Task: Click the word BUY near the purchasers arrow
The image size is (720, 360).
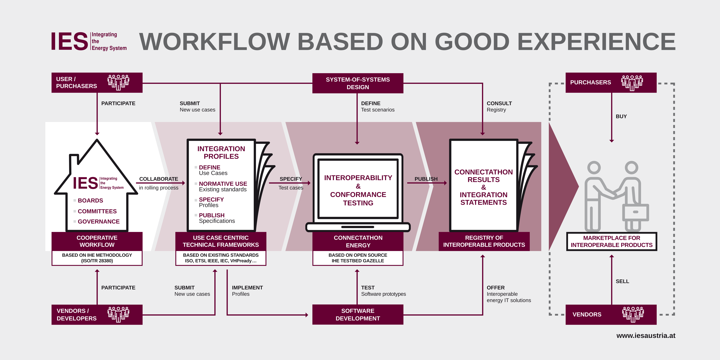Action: point(621,116)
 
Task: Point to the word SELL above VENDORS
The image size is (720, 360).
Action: point(622,281)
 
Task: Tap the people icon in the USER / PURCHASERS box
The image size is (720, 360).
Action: point(118,82)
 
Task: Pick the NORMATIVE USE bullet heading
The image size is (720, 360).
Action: point(223,184)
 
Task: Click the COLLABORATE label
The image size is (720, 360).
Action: point(158,179)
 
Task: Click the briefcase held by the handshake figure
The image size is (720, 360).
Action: point(635,212)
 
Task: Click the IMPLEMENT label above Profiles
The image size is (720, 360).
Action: point(247,288)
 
